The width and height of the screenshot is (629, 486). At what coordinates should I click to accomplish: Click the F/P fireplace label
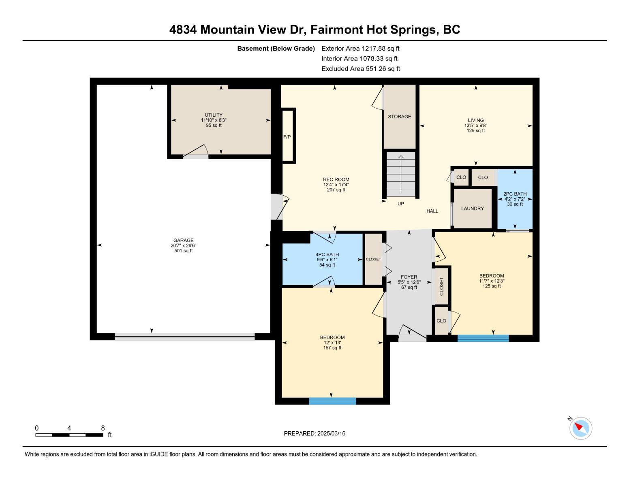point(287,137)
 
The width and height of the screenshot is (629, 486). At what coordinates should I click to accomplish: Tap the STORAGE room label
point(399,117)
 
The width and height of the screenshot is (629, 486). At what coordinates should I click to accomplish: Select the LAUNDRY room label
point(473,209)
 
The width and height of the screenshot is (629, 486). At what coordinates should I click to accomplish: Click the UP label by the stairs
point(400,204)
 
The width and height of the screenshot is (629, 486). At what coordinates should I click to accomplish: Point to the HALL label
point(432,211)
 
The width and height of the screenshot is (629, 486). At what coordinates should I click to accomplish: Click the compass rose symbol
point(580,428)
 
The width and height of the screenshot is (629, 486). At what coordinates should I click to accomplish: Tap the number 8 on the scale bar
point(103,428)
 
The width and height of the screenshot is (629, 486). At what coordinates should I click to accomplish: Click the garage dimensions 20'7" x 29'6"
point(183,245)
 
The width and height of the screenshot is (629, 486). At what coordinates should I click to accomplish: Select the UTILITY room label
point(214,115)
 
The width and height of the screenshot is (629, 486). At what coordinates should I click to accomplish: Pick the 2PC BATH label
point(515,194)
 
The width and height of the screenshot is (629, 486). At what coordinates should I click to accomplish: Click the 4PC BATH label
point(327,254)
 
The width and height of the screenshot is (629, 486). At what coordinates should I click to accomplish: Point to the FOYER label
point(409,277)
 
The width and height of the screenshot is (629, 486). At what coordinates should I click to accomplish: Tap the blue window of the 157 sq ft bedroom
point(332,401)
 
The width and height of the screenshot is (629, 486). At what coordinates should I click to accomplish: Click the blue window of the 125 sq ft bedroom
point(483,338)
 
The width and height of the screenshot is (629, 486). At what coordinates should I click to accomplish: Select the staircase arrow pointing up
point(401,174)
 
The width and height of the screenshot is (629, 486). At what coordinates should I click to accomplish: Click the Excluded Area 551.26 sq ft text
point(361,68)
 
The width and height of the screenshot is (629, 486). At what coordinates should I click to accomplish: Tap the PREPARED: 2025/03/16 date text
point(314,433)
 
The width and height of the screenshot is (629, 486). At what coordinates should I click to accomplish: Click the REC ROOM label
point(336,179)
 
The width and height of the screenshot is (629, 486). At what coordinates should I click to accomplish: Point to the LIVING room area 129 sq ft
point(475,130)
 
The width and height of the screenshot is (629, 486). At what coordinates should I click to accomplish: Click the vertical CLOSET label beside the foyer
point(441,286)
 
